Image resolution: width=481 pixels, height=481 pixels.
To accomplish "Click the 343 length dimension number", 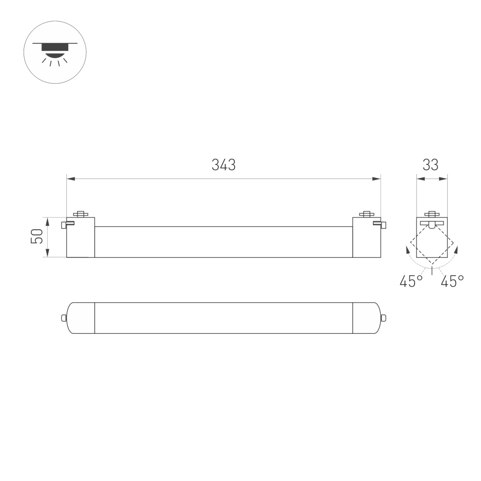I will [x=224, y=165].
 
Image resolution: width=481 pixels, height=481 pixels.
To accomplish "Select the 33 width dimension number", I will [x=431, y=165].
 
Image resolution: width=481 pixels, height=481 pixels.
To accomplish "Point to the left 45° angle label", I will [x=411, y=281].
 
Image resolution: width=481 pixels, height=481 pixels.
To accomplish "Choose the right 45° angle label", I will [x=452, y=281].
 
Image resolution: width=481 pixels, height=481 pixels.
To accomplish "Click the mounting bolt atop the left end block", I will [x=80, y=214].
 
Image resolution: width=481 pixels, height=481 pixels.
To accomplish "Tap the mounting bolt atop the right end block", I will [x=367, y=214].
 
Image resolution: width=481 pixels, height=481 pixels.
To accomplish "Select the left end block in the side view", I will [x=80, y=238].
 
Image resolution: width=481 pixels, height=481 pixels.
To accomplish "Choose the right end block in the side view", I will [x=366, y=238].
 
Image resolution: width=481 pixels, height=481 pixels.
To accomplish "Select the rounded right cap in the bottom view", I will [x=367, y=317].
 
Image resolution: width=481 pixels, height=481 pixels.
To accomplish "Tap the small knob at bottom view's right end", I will [x=383, y=317].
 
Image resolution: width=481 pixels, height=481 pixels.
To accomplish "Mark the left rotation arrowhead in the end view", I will [x=408, y=250].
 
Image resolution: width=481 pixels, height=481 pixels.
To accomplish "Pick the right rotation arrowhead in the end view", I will [x=456, y=250].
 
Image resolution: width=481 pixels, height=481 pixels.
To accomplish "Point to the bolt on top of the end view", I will [x=431, y=214].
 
